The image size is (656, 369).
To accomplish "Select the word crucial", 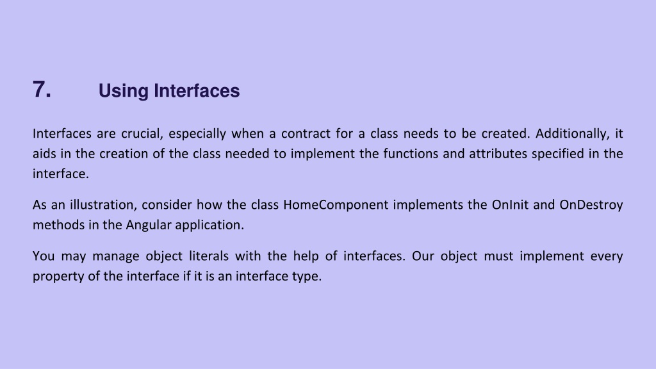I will pyautogui.click(x=142, y=134).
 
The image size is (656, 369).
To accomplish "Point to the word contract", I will pyautogui.click(x=306, y=134).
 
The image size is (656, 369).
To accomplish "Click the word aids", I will pyautogui.click(x=44, y=154).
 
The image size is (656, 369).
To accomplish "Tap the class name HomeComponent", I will pyautogui.click(x=336, y=205).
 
